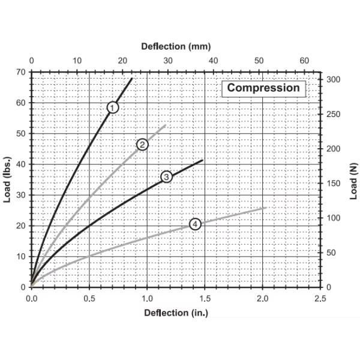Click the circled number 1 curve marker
tap(113, 107)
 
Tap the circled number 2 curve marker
tap(142, 144)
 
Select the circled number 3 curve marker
tap(166, 176)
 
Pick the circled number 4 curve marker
tap(194, 224)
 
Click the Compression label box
tap(263, 88)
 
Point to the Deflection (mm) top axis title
tap(176, 46)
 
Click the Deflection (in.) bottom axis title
tap(175, 313)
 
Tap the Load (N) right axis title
tap(353, 179)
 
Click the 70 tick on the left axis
tap(22, 72)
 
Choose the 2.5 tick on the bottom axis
tap(320, 298)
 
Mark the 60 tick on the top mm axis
tap(304, 61)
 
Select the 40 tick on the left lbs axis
tap(22, 164)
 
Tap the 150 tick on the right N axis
tap(334, 184)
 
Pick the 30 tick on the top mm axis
tap(167, 61)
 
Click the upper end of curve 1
tap(132, 79)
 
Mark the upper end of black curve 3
tap(203, 160)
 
